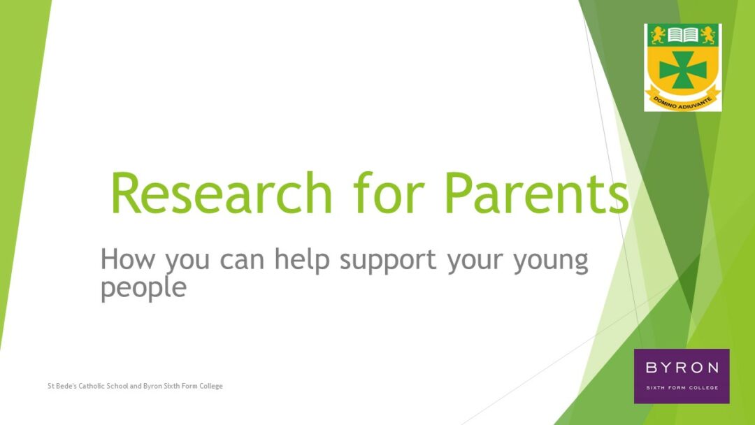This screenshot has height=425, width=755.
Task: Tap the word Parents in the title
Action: tap(537, 192)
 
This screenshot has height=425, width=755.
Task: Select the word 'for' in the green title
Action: tap(389, 192)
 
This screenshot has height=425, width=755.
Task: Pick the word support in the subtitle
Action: tap(388, 261)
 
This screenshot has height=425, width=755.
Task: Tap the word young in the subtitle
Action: tap(551, 261)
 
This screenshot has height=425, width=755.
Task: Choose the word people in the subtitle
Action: tap(143, 288)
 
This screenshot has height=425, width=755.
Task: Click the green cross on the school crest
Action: tap(683, 70)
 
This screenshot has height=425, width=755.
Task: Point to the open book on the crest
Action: tap(683, 35)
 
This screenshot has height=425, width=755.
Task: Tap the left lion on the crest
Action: tap(658, 35)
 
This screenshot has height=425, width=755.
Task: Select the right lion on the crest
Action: tap(707, 35)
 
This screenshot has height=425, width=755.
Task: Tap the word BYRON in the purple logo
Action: tap(682, 368)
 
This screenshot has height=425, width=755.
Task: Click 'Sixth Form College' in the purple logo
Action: tap(682, 387)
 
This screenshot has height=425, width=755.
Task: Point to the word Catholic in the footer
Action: tap(92, 386)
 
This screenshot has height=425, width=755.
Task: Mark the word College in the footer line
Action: tap(211, 387)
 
